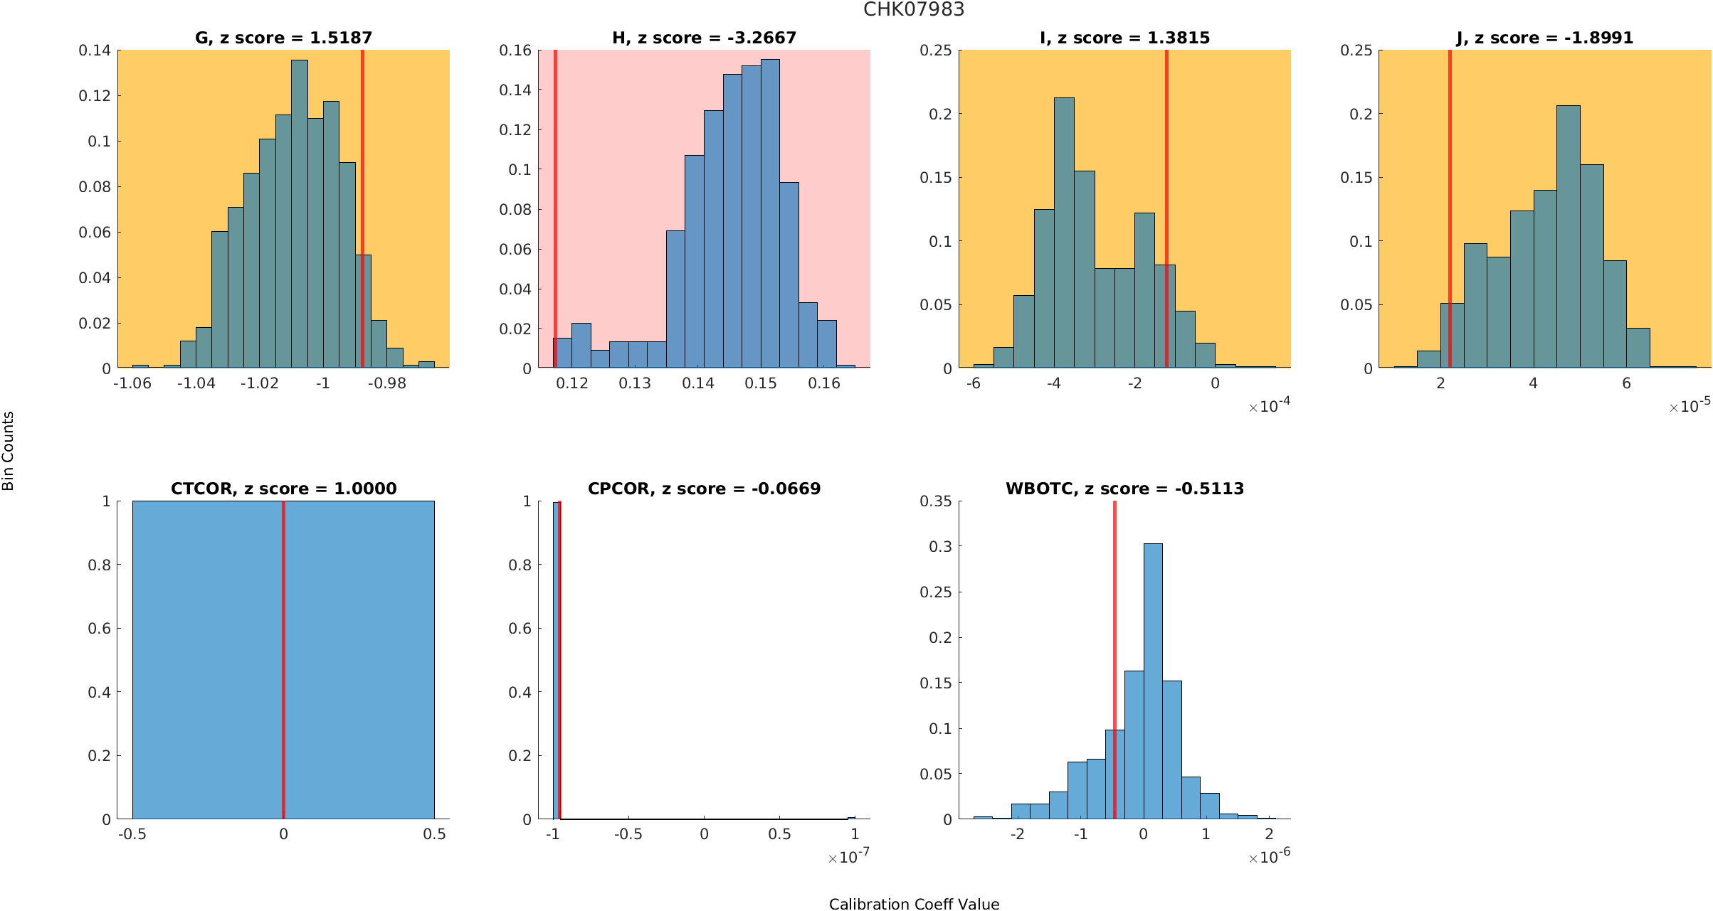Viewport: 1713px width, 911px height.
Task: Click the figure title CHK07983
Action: coord(914,9)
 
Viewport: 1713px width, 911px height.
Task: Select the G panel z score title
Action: coord(283,38)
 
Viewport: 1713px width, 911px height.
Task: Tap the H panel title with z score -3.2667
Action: coord(704,38)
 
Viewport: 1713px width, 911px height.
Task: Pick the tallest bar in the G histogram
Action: coord(300,213)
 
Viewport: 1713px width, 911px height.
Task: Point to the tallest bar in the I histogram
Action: coord(1064,235)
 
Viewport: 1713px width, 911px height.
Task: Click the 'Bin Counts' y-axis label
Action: coord(9,451)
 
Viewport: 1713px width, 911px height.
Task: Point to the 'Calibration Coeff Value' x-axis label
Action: coord(914,904)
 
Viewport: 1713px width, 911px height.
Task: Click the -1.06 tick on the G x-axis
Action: coord(132,384)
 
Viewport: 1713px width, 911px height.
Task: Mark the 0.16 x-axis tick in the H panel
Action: coord(824,384)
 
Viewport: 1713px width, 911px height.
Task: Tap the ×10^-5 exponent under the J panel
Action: coord(1690,406)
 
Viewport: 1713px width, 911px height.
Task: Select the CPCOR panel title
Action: coord(704,489)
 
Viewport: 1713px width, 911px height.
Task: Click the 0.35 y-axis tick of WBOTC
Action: coord(935,501)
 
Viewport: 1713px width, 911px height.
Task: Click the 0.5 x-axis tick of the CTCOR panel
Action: coord(434,834)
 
